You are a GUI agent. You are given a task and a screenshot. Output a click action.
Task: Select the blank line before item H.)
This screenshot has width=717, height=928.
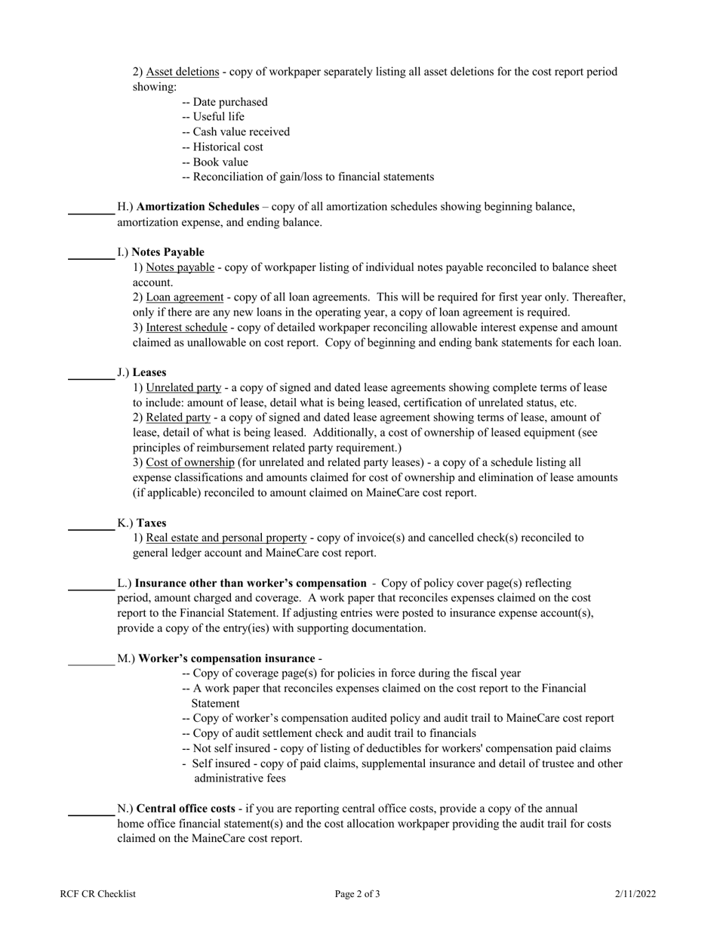point(91,213)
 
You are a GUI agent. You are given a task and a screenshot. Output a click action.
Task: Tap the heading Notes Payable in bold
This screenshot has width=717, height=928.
point(168,252)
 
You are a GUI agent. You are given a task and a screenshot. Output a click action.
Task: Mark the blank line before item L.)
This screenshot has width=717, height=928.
point(91,590)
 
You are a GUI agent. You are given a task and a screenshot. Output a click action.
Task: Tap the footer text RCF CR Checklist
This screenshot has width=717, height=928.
point(98,895)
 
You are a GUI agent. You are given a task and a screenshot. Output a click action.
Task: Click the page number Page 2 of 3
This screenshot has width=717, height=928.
point(358,895)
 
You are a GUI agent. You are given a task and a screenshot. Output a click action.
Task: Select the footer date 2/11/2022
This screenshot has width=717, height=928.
point(635,895)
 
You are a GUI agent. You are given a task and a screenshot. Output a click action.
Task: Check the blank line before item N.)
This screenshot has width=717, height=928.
point(91,815)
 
